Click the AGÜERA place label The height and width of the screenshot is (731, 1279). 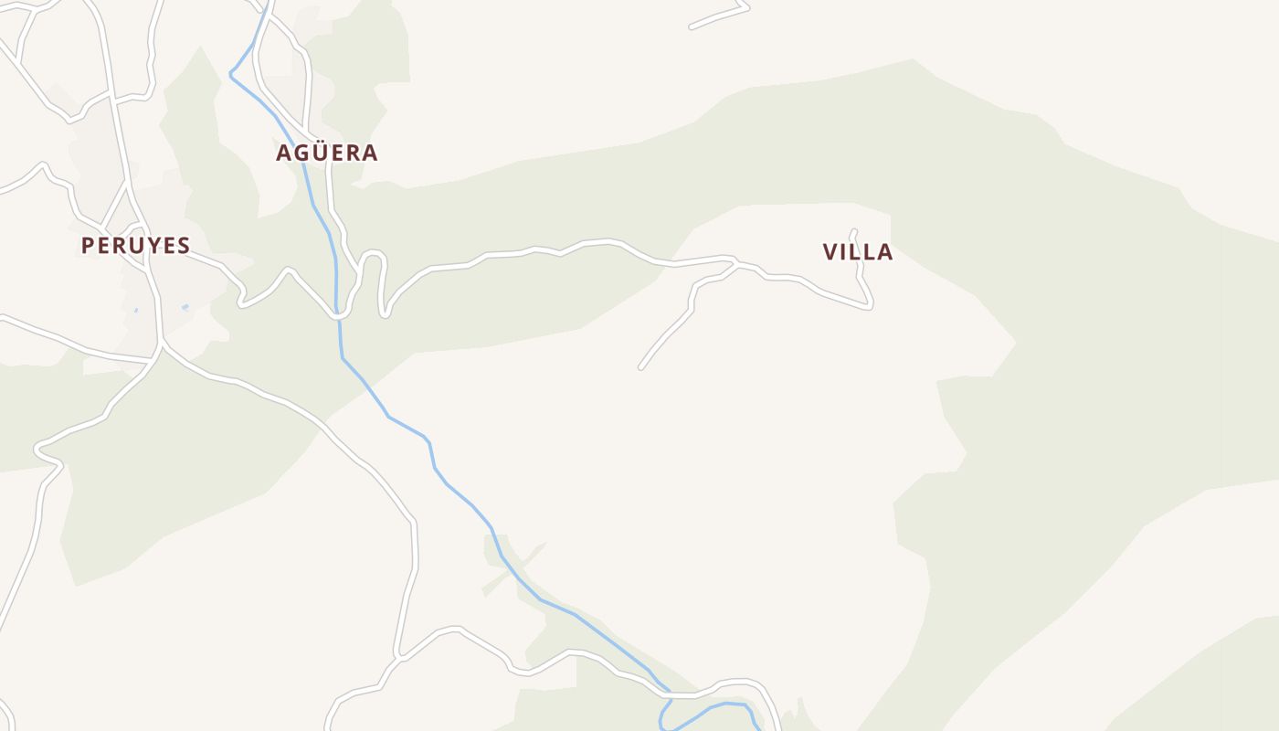click(327, 153)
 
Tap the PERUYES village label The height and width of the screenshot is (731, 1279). click(135, 245)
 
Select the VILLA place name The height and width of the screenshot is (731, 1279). click(858, 252)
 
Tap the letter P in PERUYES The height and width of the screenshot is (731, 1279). click(89, 245)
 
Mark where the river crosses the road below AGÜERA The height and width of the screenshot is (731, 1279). click(339, 315)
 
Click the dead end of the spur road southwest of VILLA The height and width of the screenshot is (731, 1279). click(641, 367)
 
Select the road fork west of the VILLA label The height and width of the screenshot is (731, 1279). click(735, 265)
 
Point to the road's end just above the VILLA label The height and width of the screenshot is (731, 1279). click(854, 231)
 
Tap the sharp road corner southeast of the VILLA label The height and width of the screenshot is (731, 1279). click(870, 307)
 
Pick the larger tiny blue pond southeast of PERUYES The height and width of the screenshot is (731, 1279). click(185, 307)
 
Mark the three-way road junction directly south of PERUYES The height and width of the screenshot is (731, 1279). click(161, 344)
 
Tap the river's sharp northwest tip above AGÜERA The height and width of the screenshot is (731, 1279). click(231, 75)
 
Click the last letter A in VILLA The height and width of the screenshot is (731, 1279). click(884, 252)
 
